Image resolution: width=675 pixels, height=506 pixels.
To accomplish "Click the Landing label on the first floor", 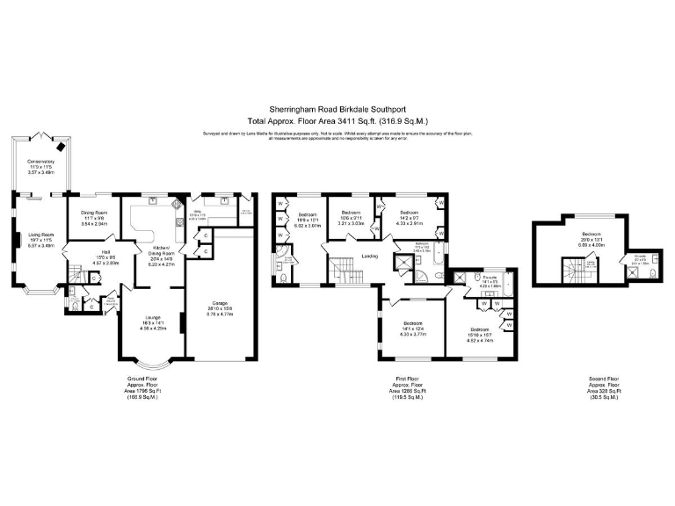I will pyautogui.click(x=369, y=257).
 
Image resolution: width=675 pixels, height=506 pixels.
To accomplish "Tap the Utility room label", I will pyautogui.click(x=199, y=212).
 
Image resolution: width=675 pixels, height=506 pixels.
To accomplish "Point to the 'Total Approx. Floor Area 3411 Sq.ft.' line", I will pyautogui.click(x=337, y=121).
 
